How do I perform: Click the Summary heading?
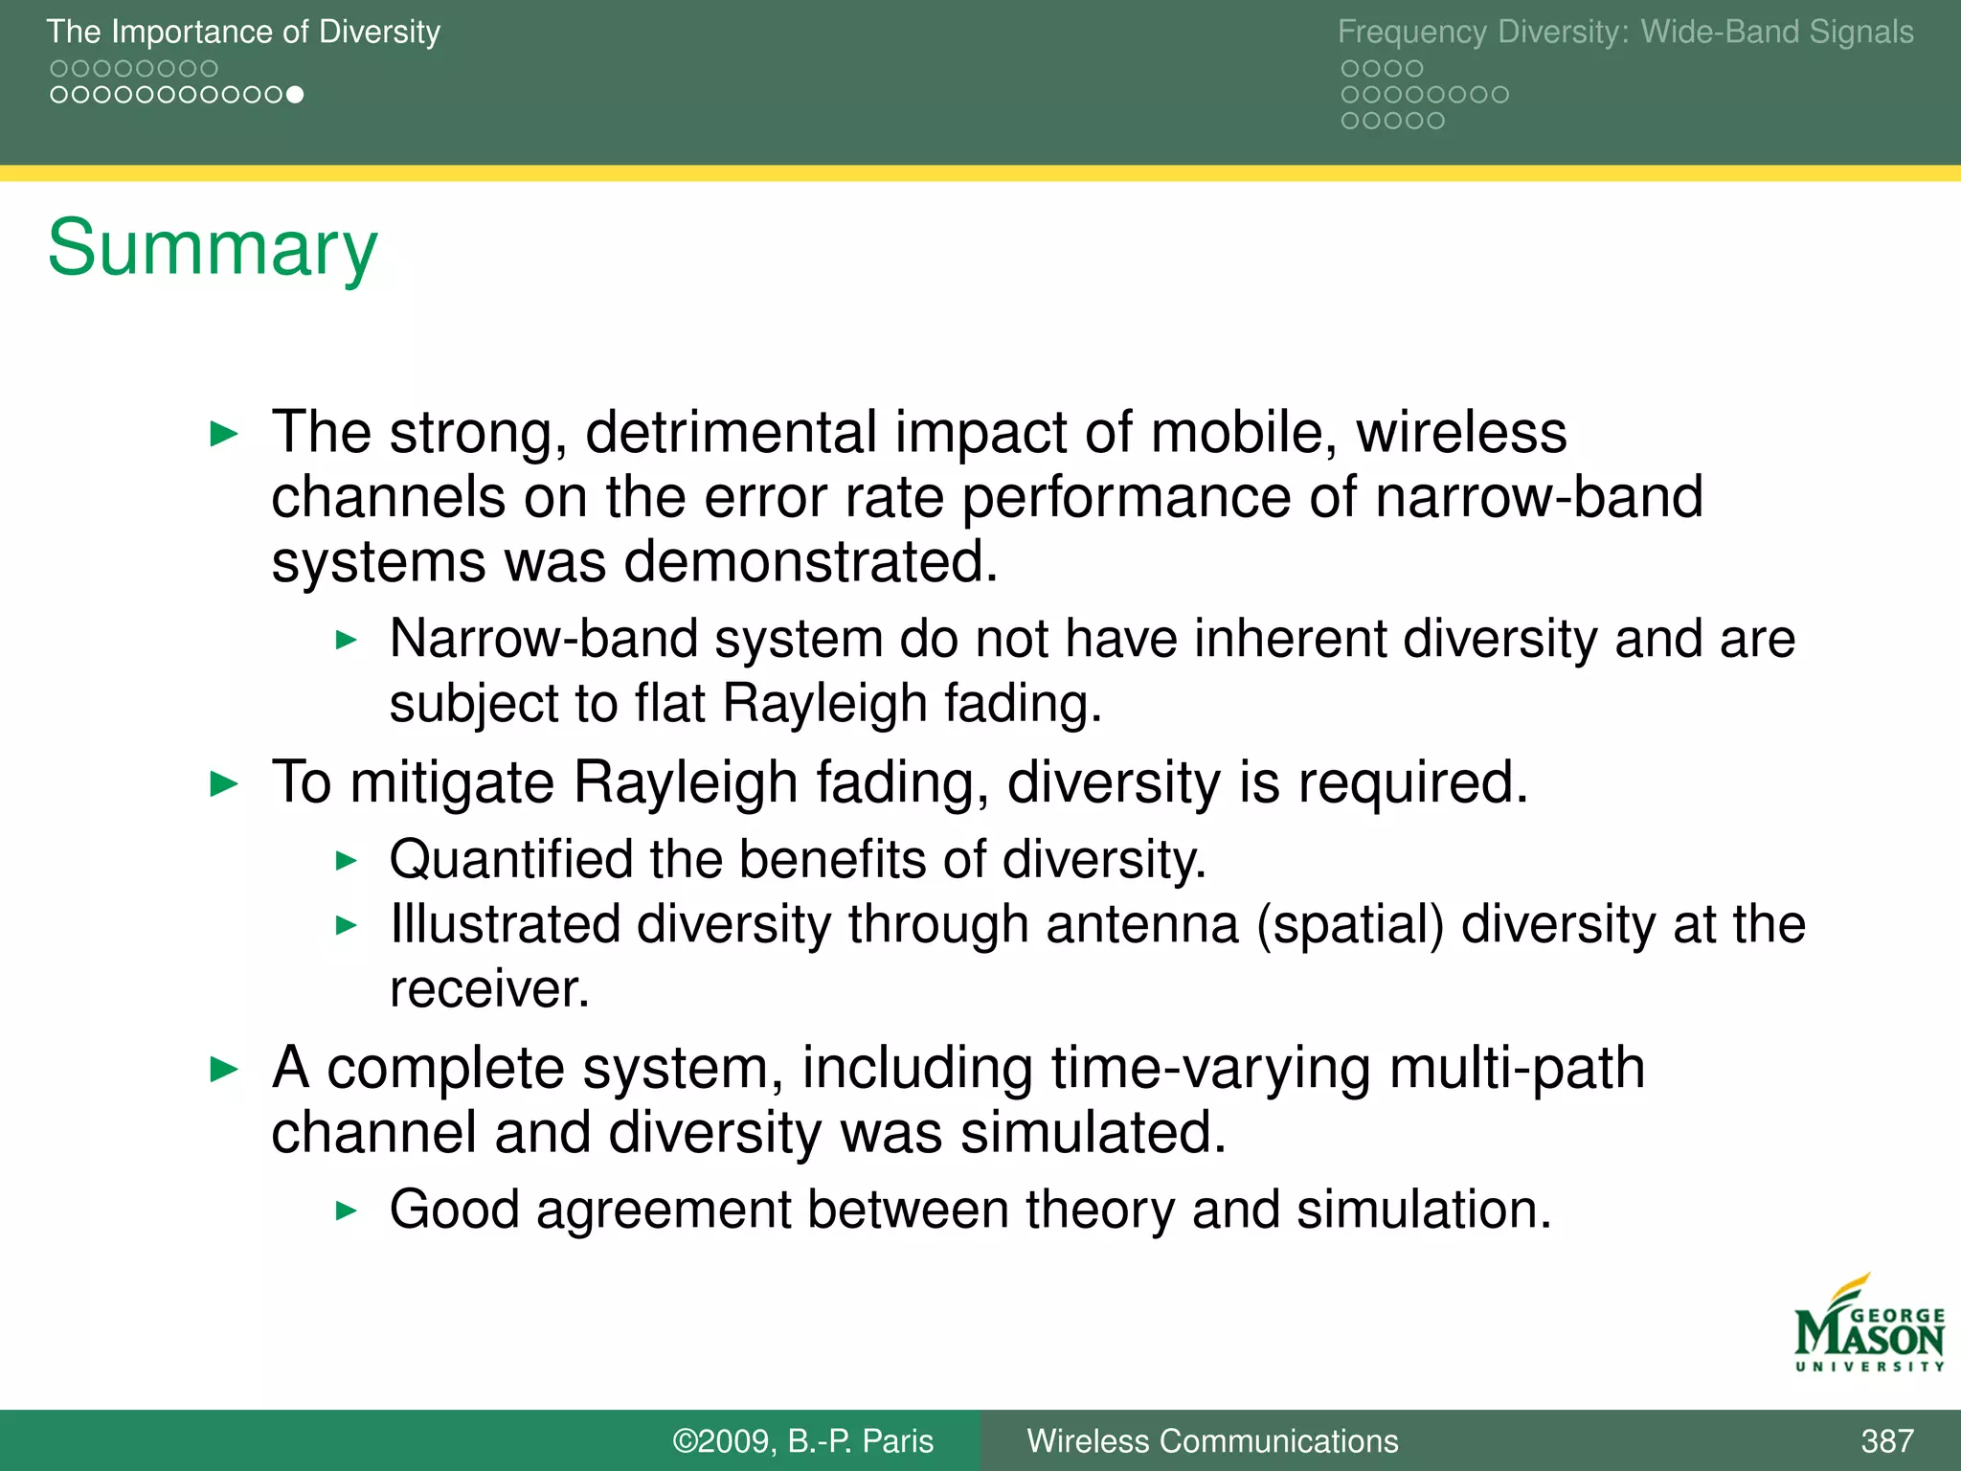pos(213,249)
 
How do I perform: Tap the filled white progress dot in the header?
pos(296,95)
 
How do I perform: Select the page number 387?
pos(1886,1440)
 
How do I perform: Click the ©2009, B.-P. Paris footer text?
pos(802,1440)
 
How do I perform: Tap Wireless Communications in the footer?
pos(1212,1440)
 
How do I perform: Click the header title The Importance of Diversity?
pos(243,33)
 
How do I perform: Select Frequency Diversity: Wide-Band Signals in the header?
pos(1625,33)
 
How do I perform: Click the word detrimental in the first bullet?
pos(731,433)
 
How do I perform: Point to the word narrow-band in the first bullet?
pos(1539,498)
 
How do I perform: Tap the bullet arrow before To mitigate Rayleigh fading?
pos(223,784)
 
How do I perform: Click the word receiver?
pos(488,989)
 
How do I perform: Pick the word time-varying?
pos(1211,1068)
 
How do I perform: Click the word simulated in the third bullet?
pos(1093,1133)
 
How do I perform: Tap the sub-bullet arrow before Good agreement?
pos(347,1211)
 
